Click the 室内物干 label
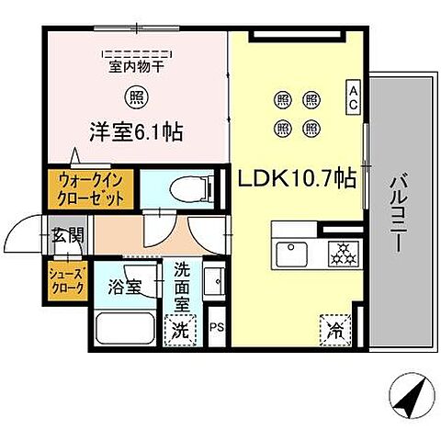click(135, 66)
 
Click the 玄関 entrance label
click(67, 235)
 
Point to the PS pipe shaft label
click(217, 326)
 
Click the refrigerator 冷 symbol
click(334, 327)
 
